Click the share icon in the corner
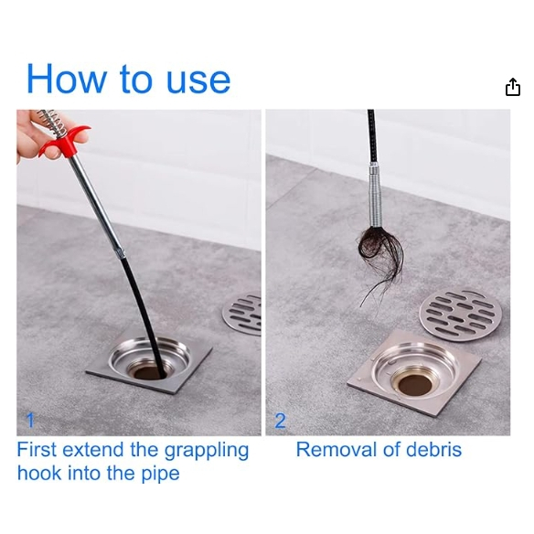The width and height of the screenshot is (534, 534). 513,87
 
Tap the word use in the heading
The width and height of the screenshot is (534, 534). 198,80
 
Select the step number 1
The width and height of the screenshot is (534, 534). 30,420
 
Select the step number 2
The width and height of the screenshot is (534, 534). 281,421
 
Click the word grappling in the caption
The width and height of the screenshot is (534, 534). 207,452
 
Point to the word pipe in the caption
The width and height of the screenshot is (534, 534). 160,475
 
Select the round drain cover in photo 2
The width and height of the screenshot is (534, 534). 460,315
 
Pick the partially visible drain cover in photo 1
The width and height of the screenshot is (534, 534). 242,314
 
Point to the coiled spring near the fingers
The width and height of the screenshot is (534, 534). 54,123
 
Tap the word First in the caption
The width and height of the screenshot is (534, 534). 37,450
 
